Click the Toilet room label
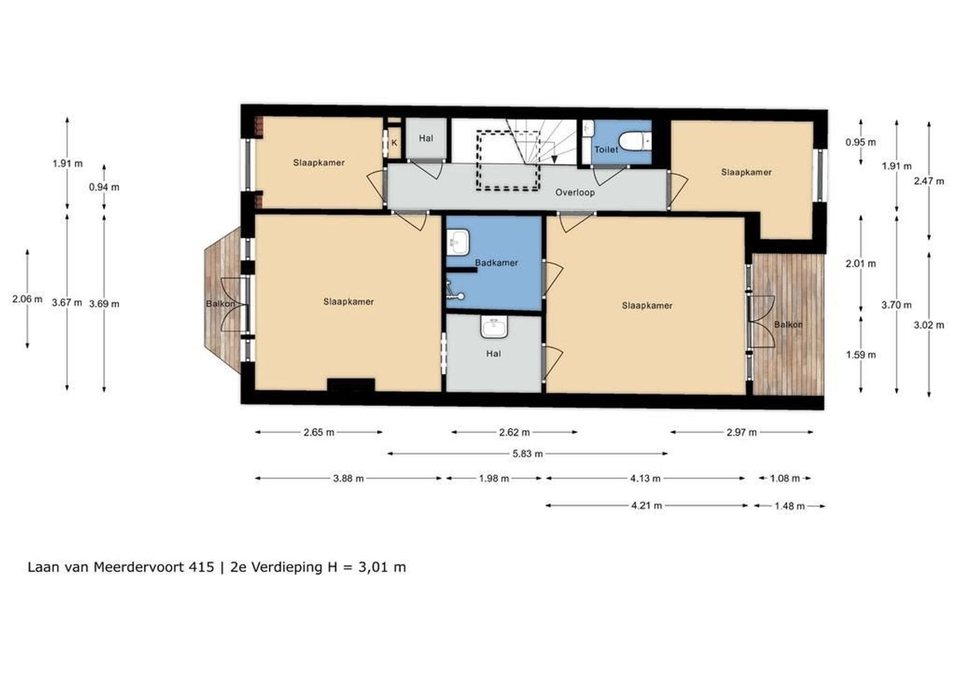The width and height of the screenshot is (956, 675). [x=606, y=149]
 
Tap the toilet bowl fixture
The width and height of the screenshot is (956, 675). [x=635, y=141]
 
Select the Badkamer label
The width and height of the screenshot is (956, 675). [x=496, y=262]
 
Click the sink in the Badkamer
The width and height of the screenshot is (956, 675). [x=458, y=242]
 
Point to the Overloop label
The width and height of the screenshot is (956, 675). [x=575, y=192]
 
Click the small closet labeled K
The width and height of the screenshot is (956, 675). [x=394, y=143]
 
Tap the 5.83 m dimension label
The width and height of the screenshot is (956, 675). [x=527, y=454]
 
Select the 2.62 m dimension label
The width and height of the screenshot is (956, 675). [x=514, y=432]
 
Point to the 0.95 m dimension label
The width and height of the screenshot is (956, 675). [x=860, y=142]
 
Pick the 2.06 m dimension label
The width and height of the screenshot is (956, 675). [x=28, y=299]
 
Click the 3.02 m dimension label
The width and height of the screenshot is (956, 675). [x=928, y=325]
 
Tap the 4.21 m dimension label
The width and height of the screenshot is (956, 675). [x=646, y=506]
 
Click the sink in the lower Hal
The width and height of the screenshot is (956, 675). [x=494, y=327]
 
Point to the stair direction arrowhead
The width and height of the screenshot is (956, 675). [x=554, y=159]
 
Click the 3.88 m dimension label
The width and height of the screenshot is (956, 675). [x=348, y=478]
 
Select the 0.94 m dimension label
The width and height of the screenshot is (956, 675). [x=104, y=187]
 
